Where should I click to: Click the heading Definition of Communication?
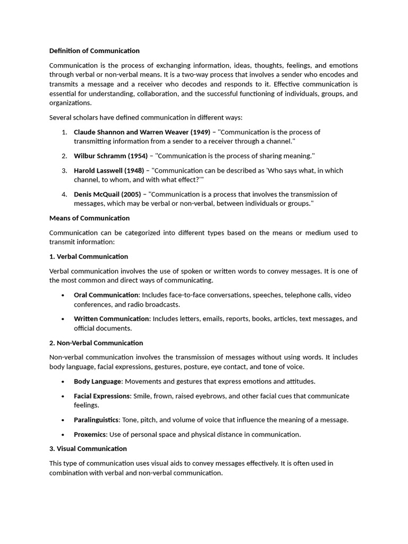94,51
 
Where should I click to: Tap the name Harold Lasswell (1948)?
110,171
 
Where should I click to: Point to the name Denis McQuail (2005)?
107,194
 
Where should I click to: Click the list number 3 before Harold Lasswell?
64,171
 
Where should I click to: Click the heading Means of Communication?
89,218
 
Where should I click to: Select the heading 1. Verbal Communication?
88,257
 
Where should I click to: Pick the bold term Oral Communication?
106,295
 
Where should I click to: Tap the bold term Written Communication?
111,319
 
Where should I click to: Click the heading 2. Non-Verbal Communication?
96,343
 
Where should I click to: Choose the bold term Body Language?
98,381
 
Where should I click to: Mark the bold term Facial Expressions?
102,396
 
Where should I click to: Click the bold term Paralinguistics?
96,420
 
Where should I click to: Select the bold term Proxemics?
90,434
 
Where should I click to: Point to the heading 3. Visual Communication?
88,448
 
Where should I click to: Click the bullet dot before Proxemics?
63,435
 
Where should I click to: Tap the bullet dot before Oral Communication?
63,295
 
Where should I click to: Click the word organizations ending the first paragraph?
70,103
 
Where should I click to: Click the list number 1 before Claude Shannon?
64,132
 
